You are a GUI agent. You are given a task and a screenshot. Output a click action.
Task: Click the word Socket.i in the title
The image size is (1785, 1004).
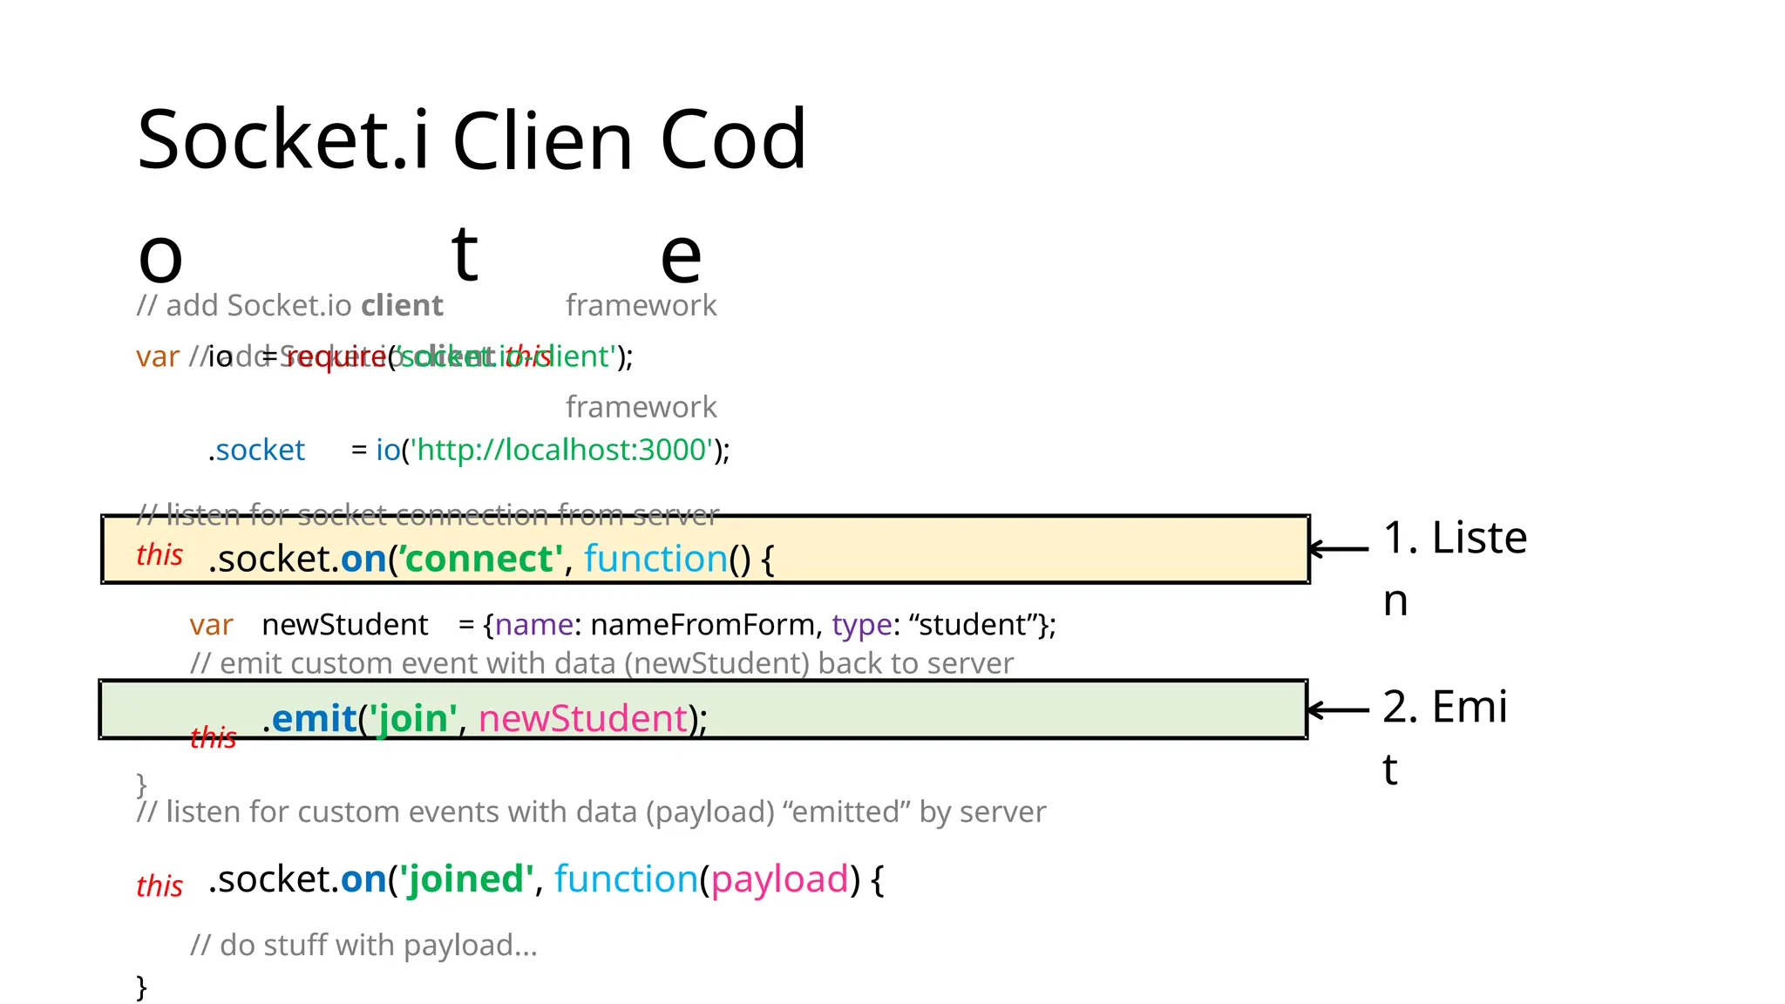[x=283, y=139]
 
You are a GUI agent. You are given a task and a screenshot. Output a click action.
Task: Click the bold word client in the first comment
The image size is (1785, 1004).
[x=402, y=306]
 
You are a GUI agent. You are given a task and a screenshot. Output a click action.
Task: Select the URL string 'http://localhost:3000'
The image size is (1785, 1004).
[x=561, y=450]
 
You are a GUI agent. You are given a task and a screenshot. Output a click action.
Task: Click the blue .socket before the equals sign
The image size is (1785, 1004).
[x=257, y=450]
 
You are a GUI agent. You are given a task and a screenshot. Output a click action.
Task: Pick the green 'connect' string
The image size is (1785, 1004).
[x=480, y=559]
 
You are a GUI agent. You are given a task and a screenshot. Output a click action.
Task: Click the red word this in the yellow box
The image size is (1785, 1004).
[x=159, y=555]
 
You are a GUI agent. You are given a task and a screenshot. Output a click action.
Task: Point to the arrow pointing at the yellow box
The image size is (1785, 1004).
[x=1339, y=548]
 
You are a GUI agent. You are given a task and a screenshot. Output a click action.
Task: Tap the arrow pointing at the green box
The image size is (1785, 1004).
[x=1339, y=709]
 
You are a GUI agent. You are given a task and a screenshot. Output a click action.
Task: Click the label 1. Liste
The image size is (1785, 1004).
[x=1455, y=538]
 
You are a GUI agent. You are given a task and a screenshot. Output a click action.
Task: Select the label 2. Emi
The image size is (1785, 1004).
[x=1444, y=707]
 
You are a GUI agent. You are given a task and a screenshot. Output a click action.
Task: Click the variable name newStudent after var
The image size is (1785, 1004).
[x=344, y=625]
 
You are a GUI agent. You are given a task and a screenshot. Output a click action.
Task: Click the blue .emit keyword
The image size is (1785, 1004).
[x=309, y=719]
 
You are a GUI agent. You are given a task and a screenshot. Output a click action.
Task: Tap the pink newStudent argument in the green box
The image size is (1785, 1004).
[x=583, y=719]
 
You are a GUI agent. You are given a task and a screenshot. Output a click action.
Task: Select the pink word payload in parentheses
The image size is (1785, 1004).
[x=779, y=879]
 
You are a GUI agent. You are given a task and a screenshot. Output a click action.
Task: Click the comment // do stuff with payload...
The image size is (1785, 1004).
[x=363, y=945]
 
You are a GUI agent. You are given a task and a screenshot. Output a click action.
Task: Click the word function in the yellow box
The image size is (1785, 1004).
[x=655, y=559]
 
